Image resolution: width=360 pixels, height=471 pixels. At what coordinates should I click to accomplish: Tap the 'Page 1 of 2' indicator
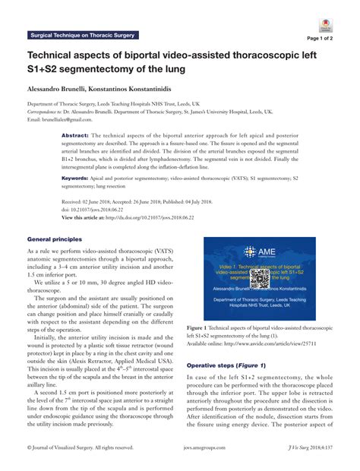click(x=324, y=36)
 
